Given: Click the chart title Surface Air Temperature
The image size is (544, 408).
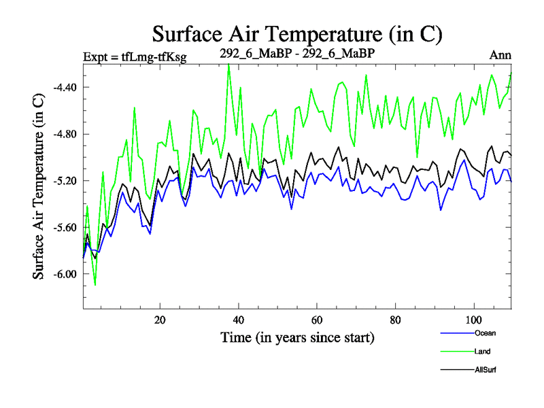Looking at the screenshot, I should tap(297, 33).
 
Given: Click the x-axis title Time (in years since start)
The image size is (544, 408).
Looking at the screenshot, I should tap(297, 337).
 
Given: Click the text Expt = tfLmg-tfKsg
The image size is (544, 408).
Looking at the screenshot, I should tap(134, 56).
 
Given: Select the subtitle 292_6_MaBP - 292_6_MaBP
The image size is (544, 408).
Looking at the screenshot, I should tap(297, 53).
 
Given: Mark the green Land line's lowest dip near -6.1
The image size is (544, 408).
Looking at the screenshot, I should tap(95, 286).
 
